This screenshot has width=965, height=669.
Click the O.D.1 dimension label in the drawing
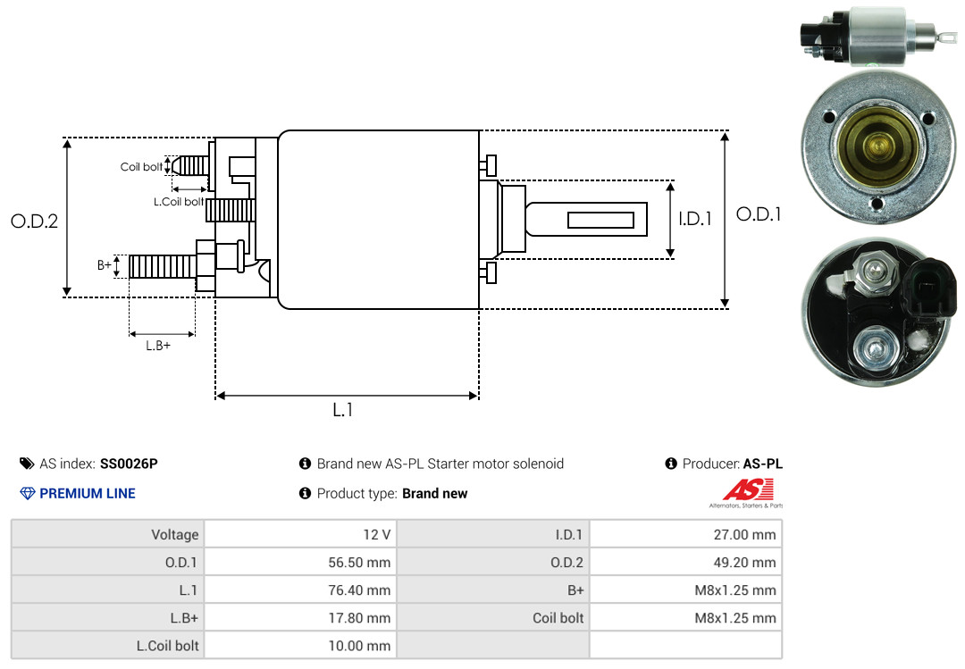759,214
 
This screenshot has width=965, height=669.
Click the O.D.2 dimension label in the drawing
35,221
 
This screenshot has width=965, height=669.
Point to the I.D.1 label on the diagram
695,219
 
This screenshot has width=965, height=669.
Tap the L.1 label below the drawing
343,410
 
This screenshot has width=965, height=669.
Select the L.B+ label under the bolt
158,346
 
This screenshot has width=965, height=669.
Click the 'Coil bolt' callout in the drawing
141,167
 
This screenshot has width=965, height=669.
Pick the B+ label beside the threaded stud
104,265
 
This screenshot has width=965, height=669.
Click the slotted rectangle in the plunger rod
600,220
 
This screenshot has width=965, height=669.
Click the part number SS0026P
129,464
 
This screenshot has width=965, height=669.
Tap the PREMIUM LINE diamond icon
28,494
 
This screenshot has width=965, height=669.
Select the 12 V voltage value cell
377,534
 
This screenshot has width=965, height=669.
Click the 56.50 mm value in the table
359,562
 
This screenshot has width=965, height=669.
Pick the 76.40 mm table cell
359,590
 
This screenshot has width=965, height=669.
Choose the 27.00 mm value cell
744,534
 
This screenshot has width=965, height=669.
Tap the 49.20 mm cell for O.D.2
744,562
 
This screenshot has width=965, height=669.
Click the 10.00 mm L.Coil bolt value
359,646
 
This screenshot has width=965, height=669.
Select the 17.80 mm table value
359,618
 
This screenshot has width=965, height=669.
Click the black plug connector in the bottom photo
929,289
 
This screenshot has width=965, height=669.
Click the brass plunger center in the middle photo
877,146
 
